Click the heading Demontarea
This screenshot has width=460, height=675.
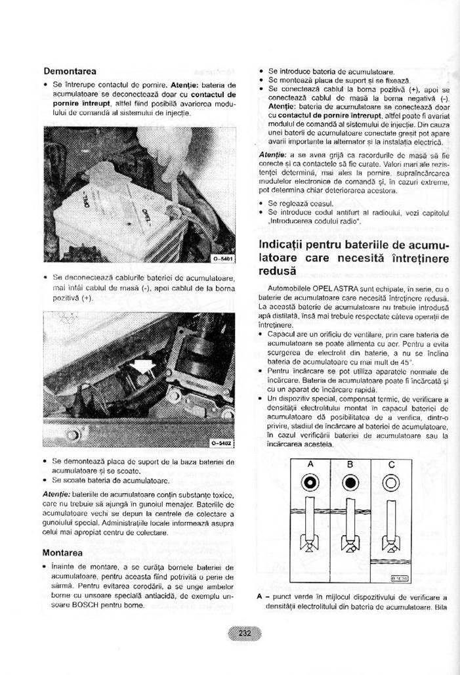point(70,70)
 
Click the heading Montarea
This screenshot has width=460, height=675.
point(63,552)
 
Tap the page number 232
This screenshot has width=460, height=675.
point(245,634)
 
